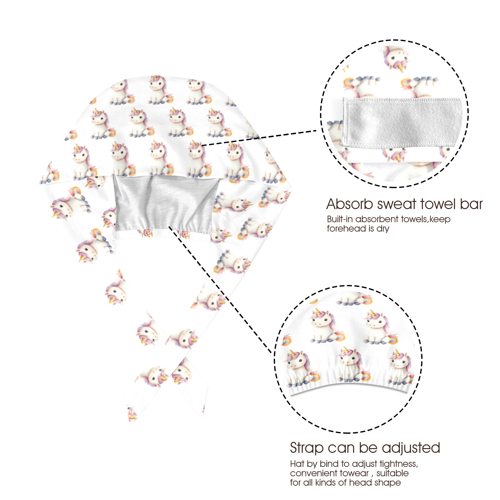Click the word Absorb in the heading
coord(350,204)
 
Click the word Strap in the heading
coord(307,448)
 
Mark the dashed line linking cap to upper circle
coord(259,138)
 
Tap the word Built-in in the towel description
coord(340,219)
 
